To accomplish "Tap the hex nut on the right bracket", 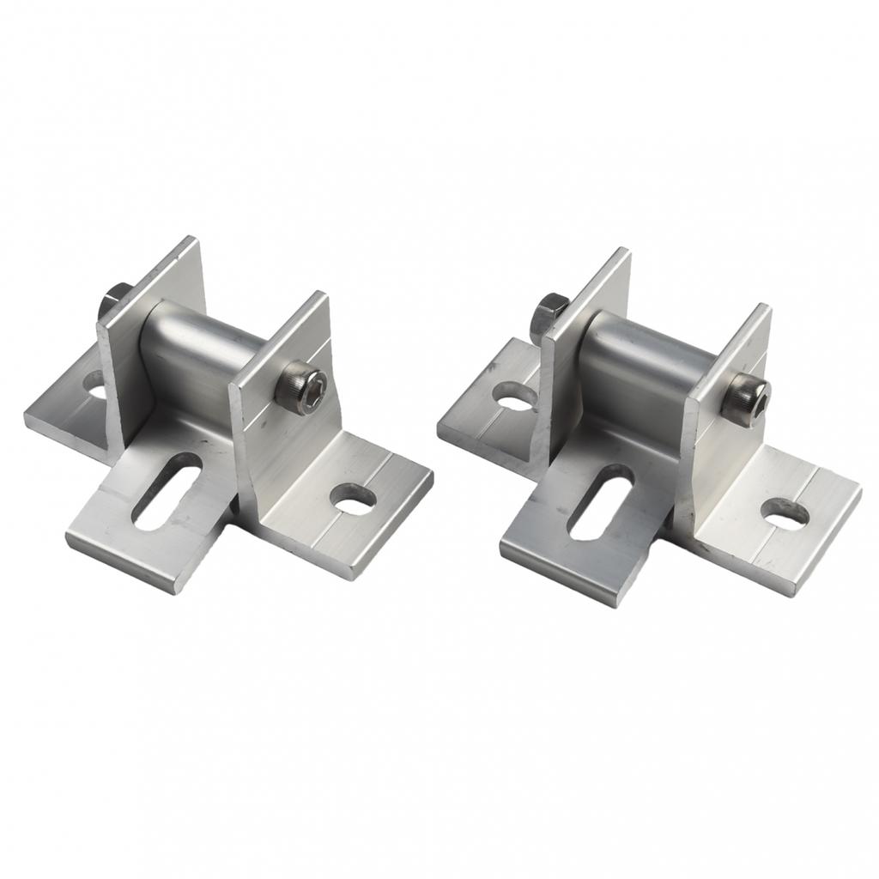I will click(546, 311).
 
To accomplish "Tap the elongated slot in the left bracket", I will click(167, 489).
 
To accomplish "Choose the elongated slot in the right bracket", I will click(601, 501).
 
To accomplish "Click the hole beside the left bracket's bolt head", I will click(353, 498).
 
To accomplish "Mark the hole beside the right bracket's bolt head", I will click(785, 512).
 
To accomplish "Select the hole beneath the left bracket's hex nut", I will click(93, 385).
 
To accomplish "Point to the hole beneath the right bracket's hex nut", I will click(513, 396).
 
